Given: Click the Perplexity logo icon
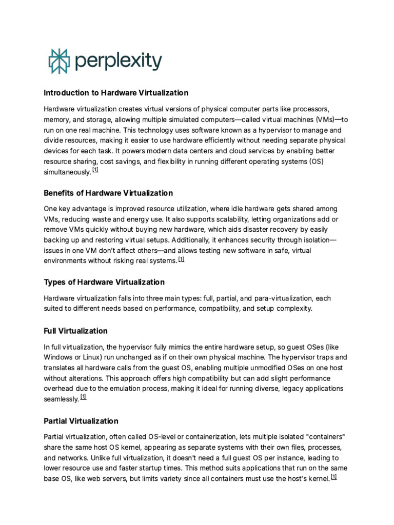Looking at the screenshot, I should tap(57, 61).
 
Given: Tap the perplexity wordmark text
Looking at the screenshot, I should tap(118, 62).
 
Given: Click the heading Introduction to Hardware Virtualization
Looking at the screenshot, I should tap(116, 93).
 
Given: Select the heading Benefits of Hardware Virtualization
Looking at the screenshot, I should tap(108, 193).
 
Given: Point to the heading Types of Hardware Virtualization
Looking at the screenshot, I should tap(104, 282).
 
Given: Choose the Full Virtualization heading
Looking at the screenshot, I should tap(75, 331).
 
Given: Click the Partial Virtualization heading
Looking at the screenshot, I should tap(81, 421).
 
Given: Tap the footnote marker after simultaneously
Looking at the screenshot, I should tap(95, 170).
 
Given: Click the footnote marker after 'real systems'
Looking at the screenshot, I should tap(181, 259).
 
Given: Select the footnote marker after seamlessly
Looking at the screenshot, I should tap(84, 396).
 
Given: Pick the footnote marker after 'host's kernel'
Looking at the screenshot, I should tap(334, 476).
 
